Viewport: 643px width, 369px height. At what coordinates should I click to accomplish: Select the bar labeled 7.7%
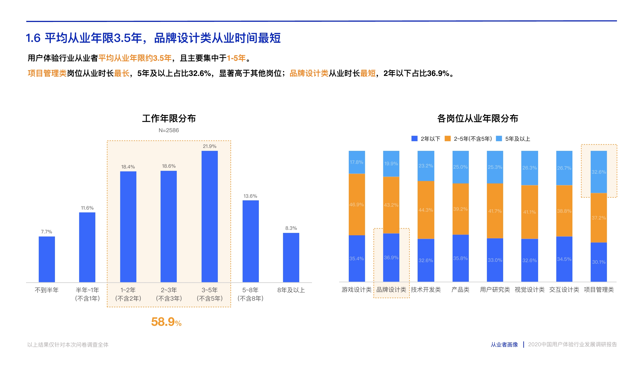[x=47, y=259]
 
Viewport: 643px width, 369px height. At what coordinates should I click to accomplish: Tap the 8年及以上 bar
[x=291, y=257]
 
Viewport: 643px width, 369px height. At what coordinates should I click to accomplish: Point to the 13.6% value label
[x=250, y=196]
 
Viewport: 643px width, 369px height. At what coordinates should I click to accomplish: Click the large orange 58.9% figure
[x=166, y=322]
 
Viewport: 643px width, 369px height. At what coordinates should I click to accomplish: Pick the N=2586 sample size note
[x=169, y=130]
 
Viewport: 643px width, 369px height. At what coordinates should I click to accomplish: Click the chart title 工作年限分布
[x=169, y=118]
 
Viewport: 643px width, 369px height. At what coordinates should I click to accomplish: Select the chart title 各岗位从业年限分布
[x=478, y=118]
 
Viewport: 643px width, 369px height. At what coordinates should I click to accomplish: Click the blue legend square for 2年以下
[x=414, y=138]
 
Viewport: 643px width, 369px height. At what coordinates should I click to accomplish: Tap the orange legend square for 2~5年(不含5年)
[x=448, y=138]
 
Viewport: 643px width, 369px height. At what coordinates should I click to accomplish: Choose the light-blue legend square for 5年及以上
[x=499, y=138]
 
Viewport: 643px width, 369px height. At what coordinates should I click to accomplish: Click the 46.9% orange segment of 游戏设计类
[x=357, y=204]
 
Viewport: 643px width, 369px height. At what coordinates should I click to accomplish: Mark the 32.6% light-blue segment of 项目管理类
[x=598, y=172]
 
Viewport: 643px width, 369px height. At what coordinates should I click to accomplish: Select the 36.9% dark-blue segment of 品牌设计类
[x=391, y=257]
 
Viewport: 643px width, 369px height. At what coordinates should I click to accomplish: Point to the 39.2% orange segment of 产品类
[x=460, y=209]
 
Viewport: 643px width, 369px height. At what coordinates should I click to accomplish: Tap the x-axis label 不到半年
[x=47, y=290]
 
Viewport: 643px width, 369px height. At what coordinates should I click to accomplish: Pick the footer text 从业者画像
[x=504, y=344]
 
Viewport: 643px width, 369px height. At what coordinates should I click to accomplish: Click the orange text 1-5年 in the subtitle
[x=236, y=58]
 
